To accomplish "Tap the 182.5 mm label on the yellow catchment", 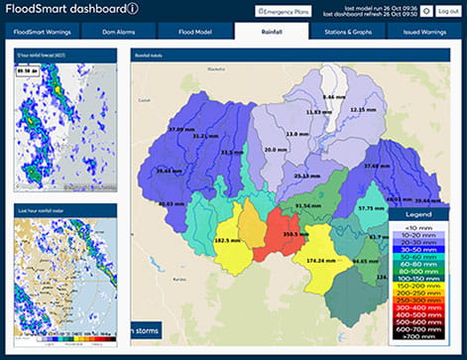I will pyautogui.click(x=227, y=241).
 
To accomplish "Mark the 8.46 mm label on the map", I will pyautogui.click(x=335, y=96).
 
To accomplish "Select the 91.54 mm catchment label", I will pyautogui.click(x=309, y=205).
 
